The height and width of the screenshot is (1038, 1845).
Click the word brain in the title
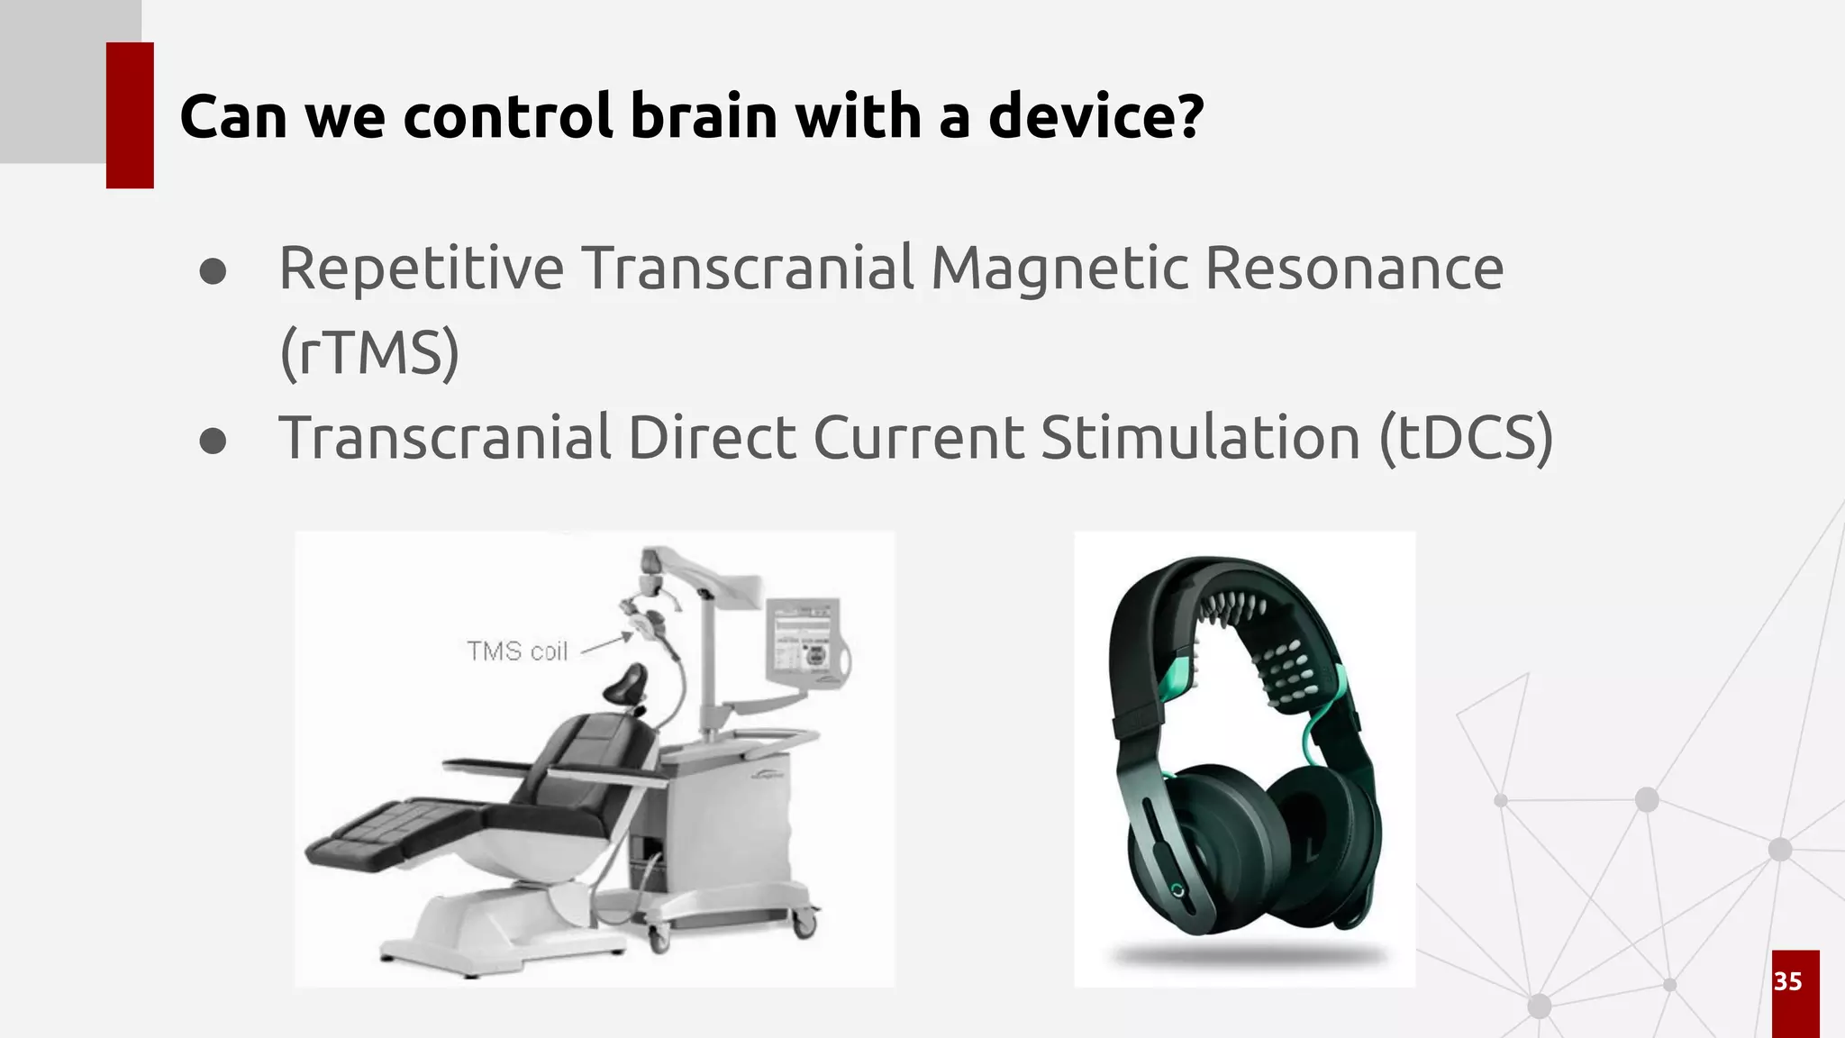pos(703,117)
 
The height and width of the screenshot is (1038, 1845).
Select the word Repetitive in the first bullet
pos(421,269)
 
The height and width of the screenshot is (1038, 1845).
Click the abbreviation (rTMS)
pos(369,353)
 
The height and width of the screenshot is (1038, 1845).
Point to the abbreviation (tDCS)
pos(1466,439)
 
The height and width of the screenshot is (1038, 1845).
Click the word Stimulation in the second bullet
pos(1200,439)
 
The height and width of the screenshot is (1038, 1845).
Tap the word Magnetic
pos(1059,269)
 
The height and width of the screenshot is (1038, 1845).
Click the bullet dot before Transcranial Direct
pos(213,442)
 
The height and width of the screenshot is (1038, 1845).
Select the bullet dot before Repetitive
pos(213,271)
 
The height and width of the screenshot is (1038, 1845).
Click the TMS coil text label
pos(517,651)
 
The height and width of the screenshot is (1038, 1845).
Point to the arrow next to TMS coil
pos(607,642)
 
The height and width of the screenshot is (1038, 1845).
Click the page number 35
pos(1788,981)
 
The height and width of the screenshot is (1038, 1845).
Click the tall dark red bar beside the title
pos(130,115)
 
